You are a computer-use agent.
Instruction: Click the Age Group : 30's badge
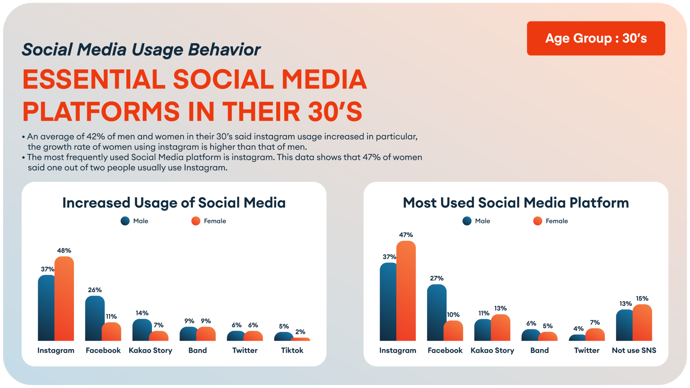click(596, 38)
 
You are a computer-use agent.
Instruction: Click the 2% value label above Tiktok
click(300, 332)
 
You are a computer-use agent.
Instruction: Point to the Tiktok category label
click(292, 350)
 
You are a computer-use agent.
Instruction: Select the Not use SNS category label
click(634, 350)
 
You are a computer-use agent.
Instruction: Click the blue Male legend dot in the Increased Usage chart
click(125, 221)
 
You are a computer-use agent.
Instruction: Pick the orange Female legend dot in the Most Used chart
click(538, 221)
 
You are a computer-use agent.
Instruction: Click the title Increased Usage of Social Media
click(174, 203)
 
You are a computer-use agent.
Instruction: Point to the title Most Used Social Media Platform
click(516, 203)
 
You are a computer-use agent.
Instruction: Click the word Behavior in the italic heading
click(224, 50)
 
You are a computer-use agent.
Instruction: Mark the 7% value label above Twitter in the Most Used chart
click(595, 322)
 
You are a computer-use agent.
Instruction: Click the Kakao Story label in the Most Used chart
click(492, 350)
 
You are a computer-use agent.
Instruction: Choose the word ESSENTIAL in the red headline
click(94, 79)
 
